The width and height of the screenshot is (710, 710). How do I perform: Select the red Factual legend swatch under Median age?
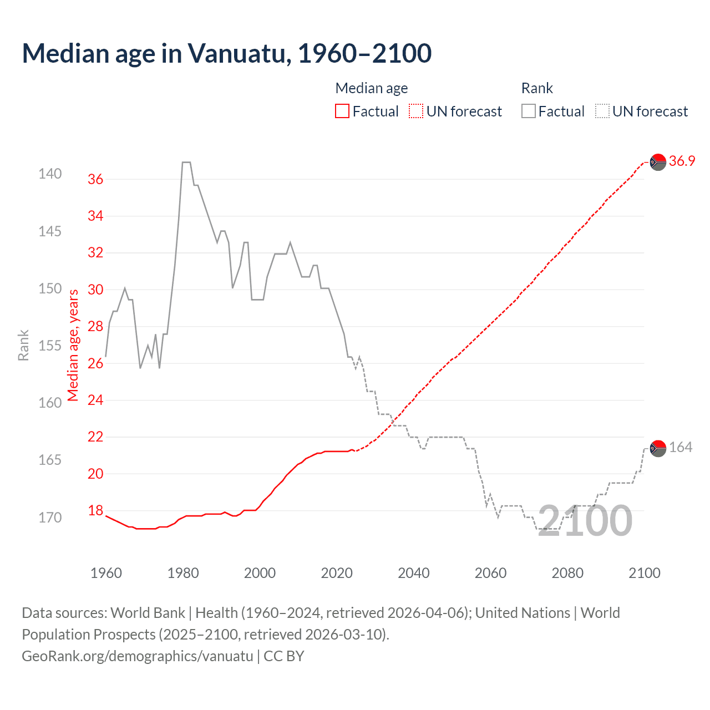pyautogui.click(x=342, y=111)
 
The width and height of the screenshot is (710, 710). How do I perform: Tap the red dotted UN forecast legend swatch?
pyautogui.click(x=416, y=111)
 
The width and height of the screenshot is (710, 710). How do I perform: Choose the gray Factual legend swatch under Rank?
pyautogui.click(x=528, y=111)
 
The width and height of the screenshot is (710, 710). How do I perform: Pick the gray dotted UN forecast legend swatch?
pyautogui.click(x=602, y=111)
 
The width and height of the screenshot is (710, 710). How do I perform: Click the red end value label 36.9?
pyautogui.click(x=682, y=161)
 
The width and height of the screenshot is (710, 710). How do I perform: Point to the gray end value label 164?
pyautogui.click(x=681, y=448)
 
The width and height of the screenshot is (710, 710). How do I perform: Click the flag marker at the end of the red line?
pyautogui.click(x=658, y=162)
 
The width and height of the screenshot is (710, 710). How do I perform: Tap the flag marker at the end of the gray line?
pyautogui.click(x=658, y=448)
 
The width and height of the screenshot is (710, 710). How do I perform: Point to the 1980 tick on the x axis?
pyautogui.click(x=183, y=573)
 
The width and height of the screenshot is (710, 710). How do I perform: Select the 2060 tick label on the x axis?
pyautogui.click(x=490, y=573)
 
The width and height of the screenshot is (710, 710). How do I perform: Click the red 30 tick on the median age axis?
pyautogui.click(x=95, y=290)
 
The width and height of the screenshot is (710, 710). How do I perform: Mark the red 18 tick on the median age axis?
pyautogui.click(x=95, y=511)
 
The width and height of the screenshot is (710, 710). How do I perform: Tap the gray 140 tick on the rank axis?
pyautogui.click(x=50, y=174)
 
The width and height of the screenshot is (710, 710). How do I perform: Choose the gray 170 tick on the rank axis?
pyautogui.click(x=50, y=518)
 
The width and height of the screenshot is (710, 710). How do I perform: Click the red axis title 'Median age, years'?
pyautogui.click(x=73, y=345)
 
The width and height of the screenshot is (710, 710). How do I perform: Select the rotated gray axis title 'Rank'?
pyautogui.click(x=23, y=345)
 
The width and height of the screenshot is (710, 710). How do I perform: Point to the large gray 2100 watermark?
pyautogui.click(x=585, y=521)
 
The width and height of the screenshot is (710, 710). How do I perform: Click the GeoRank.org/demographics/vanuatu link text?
pyautogui.click(x=138, y=656)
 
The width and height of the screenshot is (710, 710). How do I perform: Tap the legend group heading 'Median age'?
pyautogui.click(x=372, y=88)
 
